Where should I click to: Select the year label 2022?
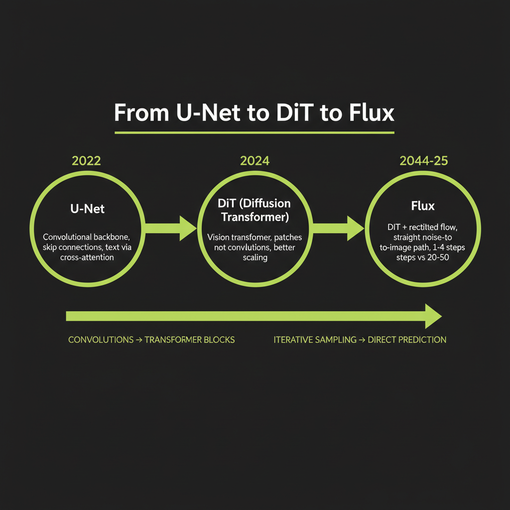click(86, 161)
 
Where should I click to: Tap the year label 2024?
click(255, 161)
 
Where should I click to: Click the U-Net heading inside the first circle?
click(88, 209)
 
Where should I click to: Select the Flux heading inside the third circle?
click(423, 206)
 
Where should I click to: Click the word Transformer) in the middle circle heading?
click(255, 217)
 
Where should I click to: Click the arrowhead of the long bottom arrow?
click(432, 316)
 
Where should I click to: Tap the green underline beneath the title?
click(255, 132)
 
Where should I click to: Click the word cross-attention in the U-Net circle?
click(88, 258)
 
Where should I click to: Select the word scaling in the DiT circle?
click(255, 258)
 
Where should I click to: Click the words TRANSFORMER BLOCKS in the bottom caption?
click(190, 340)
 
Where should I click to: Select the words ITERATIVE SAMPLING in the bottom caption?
click(315, 340)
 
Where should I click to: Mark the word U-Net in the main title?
click(201, 113)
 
